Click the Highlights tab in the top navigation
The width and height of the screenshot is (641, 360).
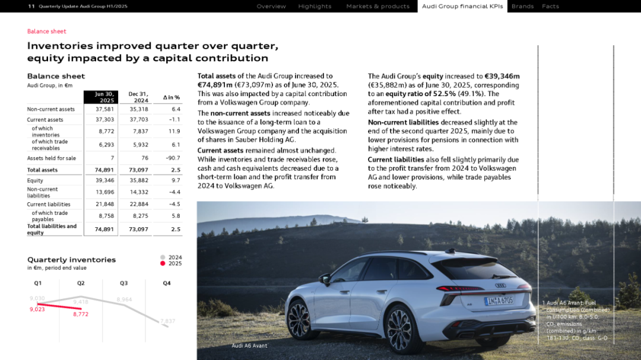click(315, 7)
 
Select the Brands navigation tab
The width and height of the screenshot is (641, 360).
click(522, 7)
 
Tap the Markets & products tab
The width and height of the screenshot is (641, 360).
click(377, 7)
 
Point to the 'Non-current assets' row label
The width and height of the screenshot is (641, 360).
click(51, 109)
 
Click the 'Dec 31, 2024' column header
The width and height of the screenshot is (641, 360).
click(138, 97)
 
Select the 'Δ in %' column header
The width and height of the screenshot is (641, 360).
click(171, 97)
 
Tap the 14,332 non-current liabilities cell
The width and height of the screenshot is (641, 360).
click(138, 192)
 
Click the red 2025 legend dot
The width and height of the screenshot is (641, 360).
click(163, 263)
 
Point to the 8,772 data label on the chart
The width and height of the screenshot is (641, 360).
click(81, 314)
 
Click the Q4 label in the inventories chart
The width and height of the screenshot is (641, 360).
click(167, 283)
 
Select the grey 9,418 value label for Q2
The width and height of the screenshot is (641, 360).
click(81, 302)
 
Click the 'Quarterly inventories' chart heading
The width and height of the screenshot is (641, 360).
click(71, 260)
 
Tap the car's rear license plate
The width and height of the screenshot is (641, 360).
click(499, 301)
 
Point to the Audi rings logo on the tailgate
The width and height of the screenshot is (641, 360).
click(500, 285)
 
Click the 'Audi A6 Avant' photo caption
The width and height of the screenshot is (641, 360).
click(249, 346)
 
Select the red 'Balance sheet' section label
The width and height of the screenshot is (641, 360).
click(47, 31)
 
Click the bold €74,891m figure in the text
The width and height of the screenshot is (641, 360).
click(218, 85)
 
